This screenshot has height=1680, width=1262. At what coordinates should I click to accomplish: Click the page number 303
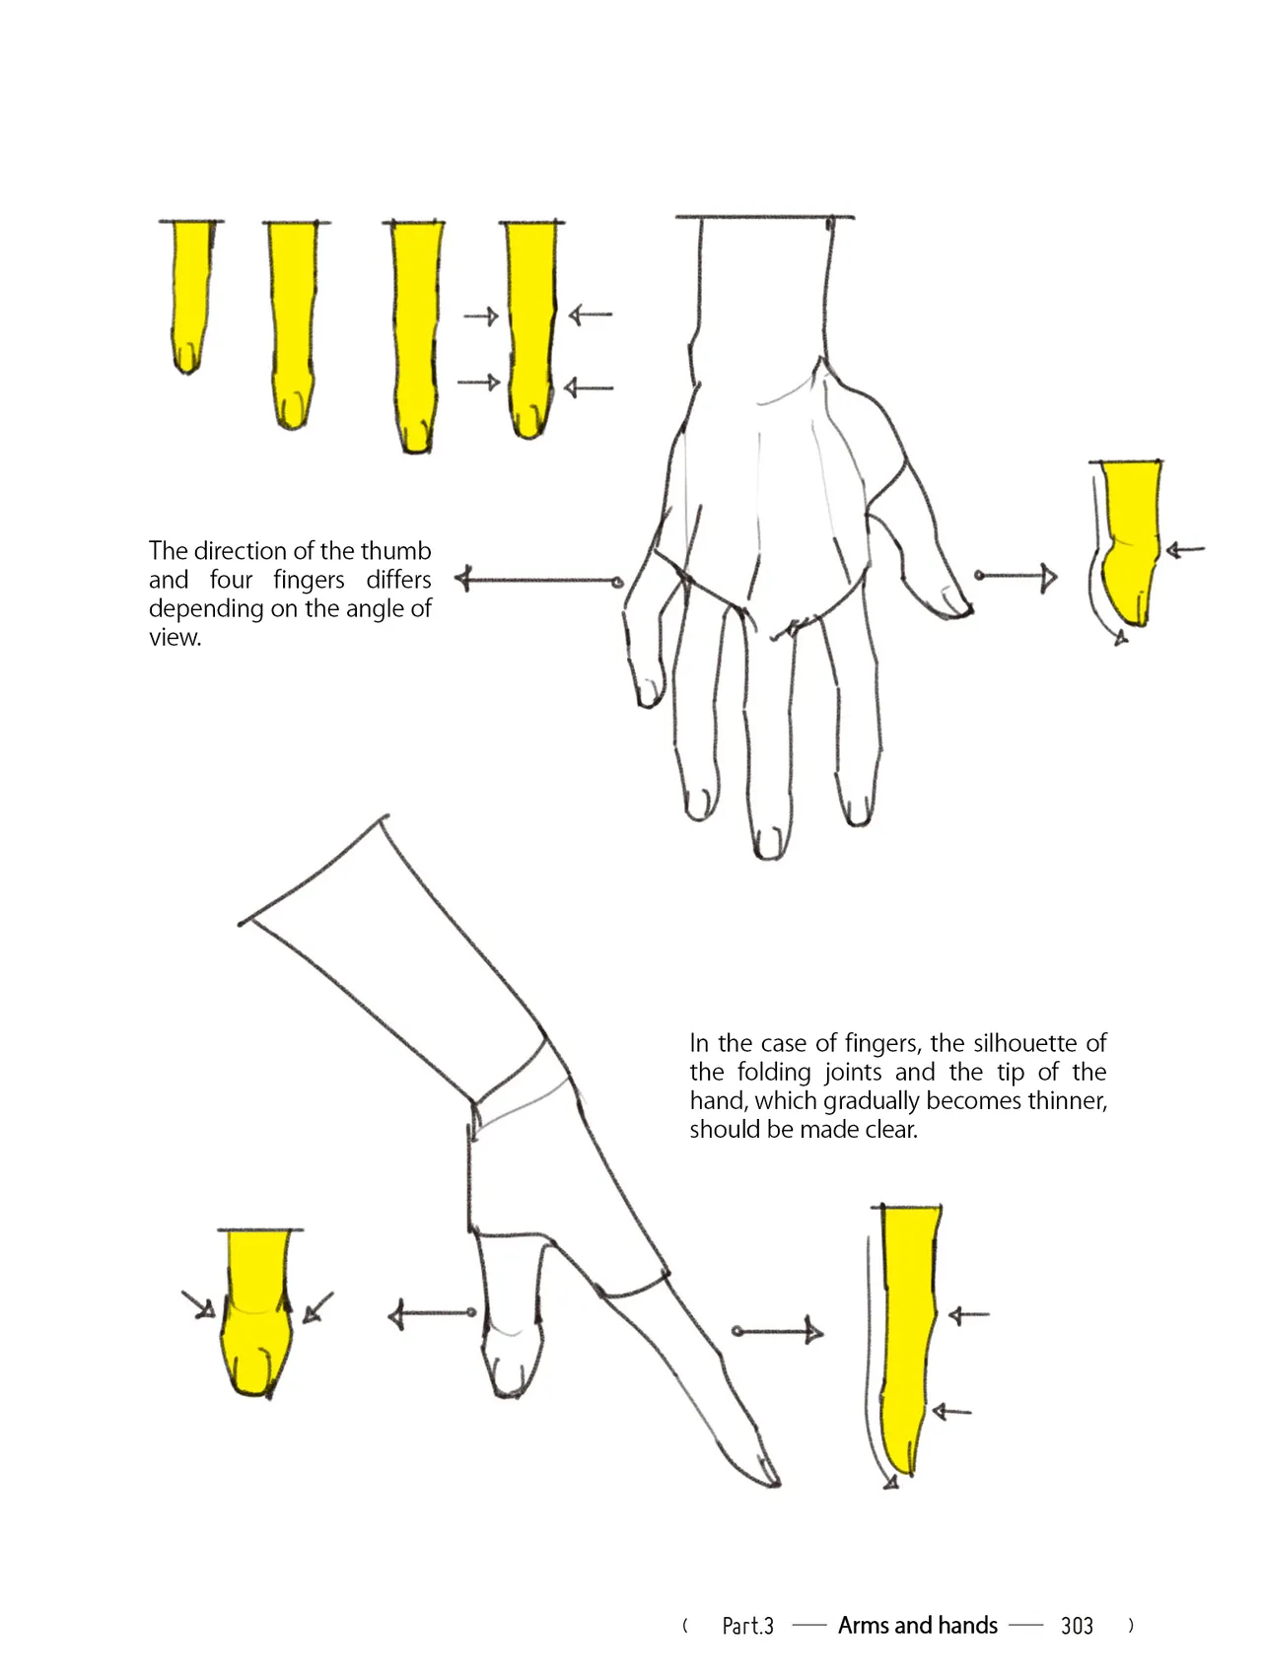(1077, 1626)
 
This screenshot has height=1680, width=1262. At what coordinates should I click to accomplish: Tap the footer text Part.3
(747, 1626)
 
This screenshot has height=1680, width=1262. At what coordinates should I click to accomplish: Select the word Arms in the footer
(863, 1625)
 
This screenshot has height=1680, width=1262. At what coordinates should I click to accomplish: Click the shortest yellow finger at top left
(190, 296)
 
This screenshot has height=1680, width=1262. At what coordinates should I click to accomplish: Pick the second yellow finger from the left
(293, 324)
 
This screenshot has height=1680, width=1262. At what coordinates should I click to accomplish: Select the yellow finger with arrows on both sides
(531, 328)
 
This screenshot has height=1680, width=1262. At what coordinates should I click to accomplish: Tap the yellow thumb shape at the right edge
(1130, 542)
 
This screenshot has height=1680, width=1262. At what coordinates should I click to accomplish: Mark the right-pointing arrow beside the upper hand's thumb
(1016, 576)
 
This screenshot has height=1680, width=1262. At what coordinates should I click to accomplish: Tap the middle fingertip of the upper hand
(769, 845)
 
